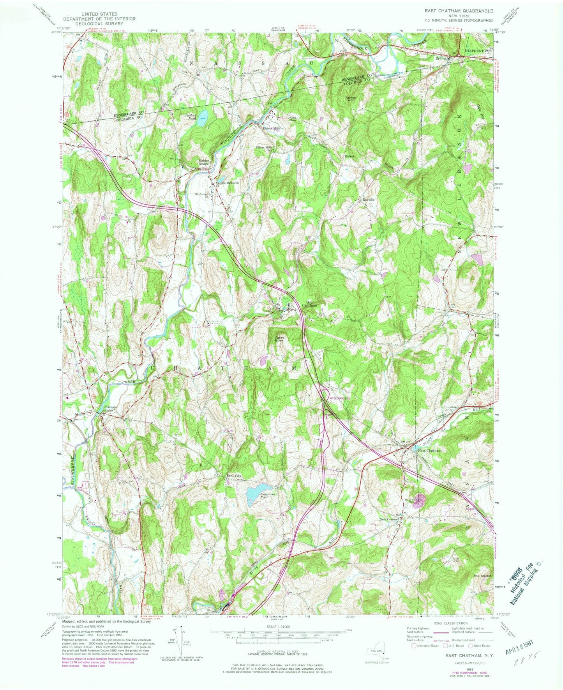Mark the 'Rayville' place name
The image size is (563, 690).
tap(368, 199)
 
